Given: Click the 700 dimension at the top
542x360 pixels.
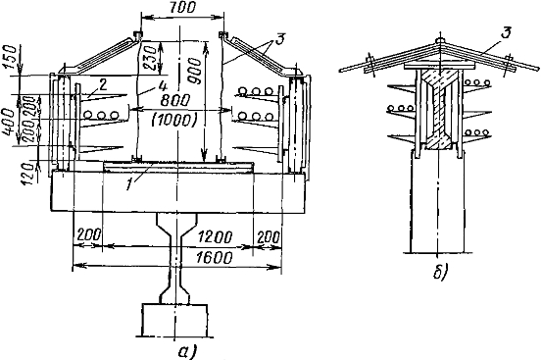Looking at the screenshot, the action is point(183,8).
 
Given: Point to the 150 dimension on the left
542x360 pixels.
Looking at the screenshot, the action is point(11,57).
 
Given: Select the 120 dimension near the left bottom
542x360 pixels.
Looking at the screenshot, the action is point(29,175).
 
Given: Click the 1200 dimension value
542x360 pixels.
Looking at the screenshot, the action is point(215,237).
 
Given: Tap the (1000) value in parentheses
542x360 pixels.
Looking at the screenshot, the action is point(173,121).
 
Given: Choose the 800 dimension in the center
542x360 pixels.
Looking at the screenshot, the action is point(175,101).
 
